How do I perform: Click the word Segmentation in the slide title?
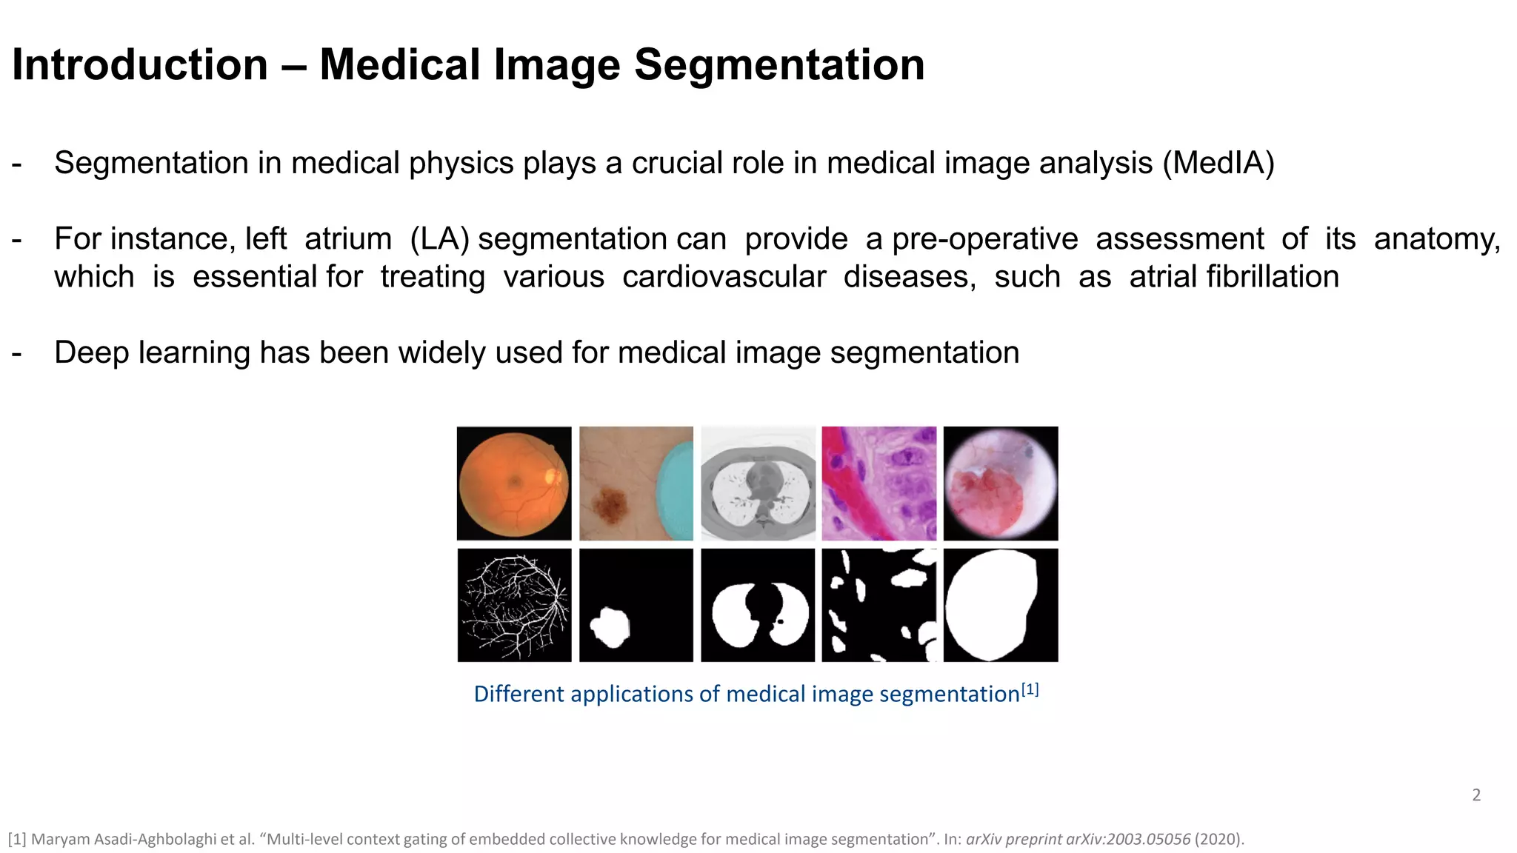click(x=779, y=65)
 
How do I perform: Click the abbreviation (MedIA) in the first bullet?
click(x=1218, y=163)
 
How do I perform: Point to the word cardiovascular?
click(x=723, y=277)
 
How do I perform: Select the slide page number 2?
click(x=1476, y=795)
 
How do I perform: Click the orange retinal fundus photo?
click(x=513, y=484)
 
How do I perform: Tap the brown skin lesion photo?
click(x=636, y=484)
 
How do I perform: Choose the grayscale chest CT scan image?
click(x=758, y=484)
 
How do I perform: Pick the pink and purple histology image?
click(x=878, y=484)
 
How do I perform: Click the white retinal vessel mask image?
click(x=513, y=605)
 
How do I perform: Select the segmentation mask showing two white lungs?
click(x=758, y=605)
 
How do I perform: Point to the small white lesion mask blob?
click(x=610, y=627)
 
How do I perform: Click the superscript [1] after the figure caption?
click(x=1030, y=690)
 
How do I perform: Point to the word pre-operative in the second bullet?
click(x=984, y=239)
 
